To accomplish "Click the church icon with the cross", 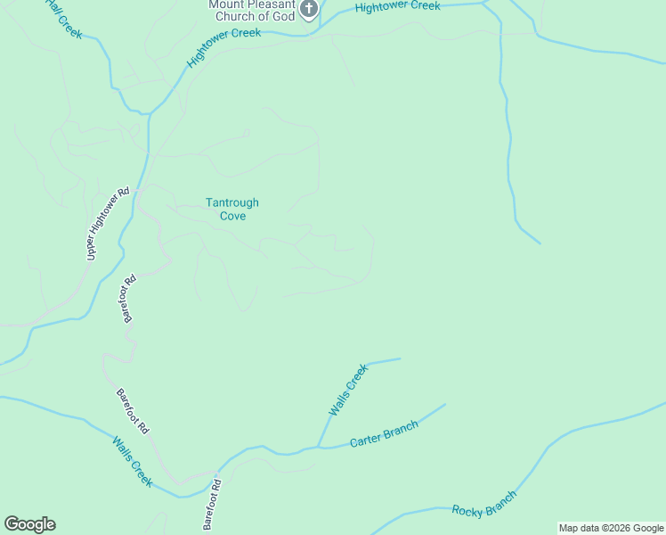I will (x=309, y=10).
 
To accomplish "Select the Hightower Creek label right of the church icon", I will (x=397, y=7).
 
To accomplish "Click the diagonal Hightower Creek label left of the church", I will (x=223, y=47).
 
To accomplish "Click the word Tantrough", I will (x=232, y=202).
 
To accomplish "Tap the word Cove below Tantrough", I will (x=232, y=216).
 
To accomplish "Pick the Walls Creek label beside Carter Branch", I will (x=347, y=390).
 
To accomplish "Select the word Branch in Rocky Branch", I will (x=499, y=498).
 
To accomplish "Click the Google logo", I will (x=29, y=524).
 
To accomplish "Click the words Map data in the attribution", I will (x=579, y=528).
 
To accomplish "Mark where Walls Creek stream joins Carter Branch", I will (x=318, y=446).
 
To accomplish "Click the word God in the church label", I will (x=282, y=15).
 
